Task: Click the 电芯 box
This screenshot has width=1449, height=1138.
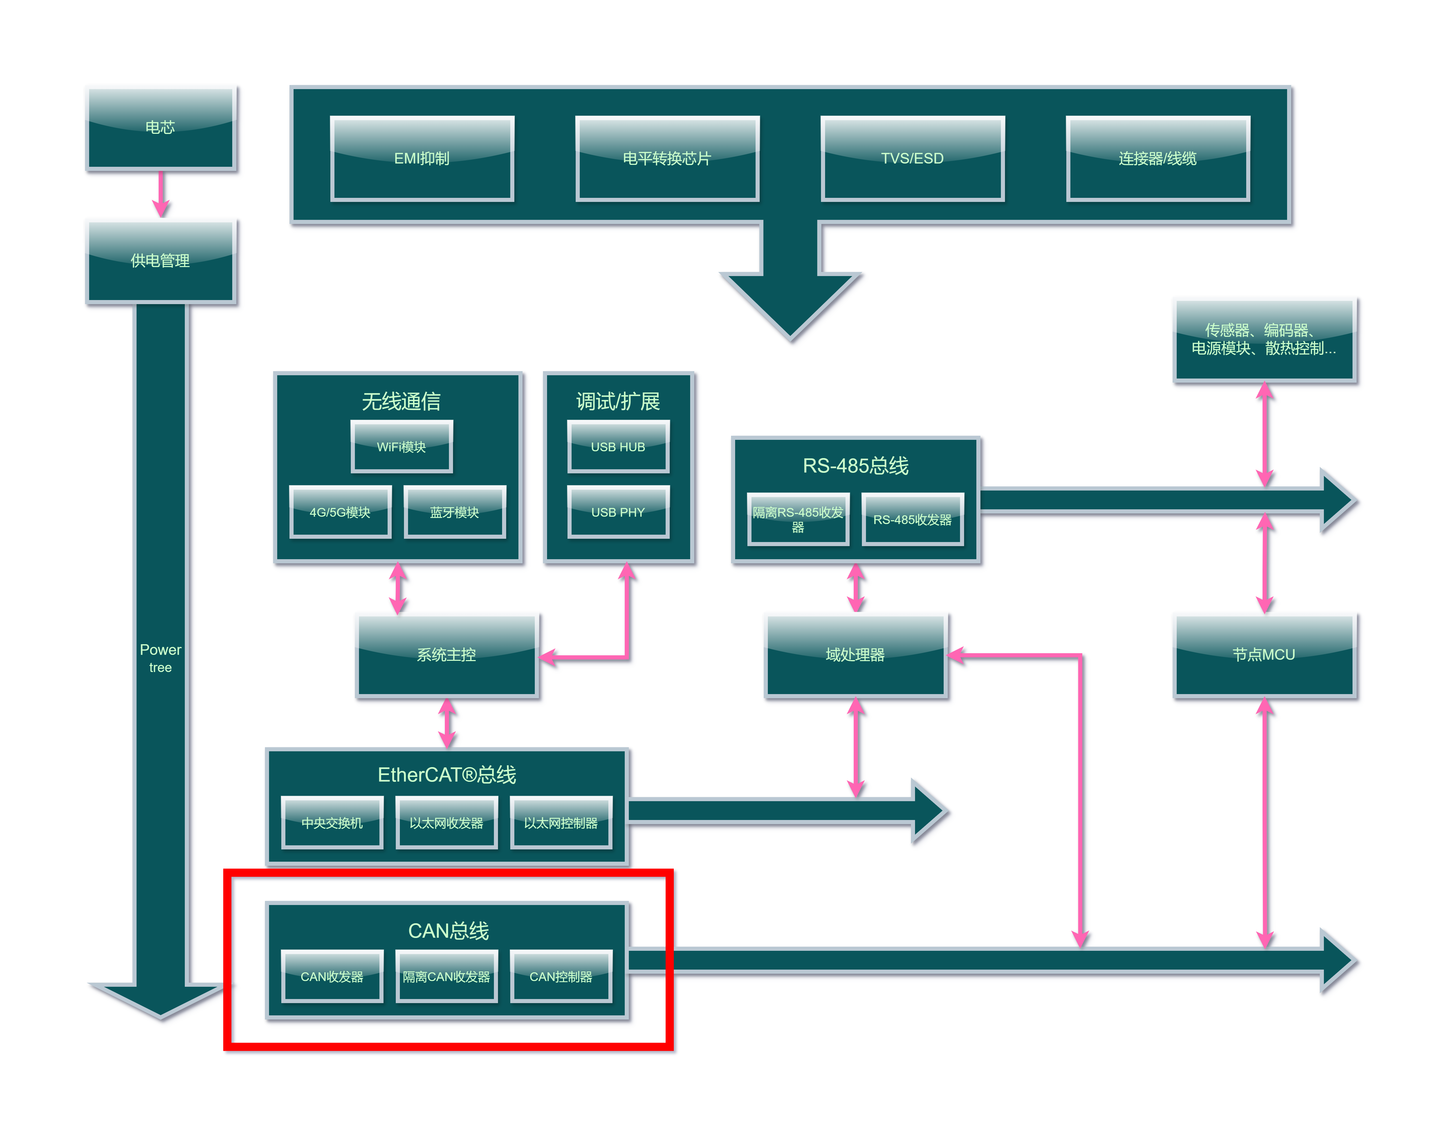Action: coord(161,128)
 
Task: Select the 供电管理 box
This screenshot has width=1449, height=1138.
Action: coord(161,261)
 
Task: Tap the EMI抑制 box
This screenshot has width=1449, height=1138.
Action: coord(422,159)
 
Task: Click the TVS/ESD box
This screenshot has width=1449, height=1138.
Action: coord(913,159)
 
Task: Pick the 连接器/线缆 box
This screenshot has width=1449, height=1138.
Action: coord(1158,159)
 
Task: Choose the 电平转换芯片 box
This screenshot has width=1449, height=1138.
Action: coord(667,159)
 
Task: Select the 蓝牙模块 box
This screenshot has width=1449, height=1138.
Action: coord(455,512)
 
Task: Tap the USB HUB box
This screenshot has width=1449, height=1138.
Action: coord(618,446)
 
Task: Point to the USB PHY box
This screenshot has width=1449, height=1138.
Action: coord(618,512)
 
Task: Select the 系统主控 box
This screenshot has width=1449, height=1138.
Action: coord(446,656)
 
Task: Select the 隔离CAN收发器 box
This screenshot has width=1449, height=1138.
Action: coord(446,976)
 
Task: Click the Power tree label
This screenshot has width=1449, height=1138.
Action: coord(161,658)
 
